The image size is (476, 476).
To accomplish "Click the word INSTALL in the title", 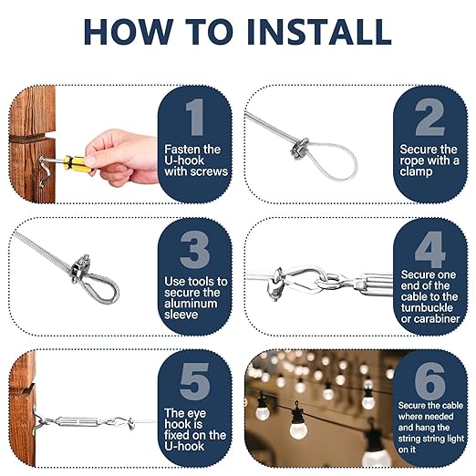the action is (x=319, y=32).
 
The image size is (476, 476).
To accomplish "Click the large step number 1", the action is (x=195, y=117).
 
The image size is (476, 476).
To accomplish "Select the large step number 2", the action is (x=429, y=117).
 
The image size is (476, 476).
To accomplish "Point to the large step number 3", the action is (x=194, y=249).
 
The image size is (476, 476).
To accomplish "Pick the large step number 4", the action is (x=429, y=249).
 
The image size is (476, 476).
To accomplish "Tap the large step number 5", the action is (x=194, y=381).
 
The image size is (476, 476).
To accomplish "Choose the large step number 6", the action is (x=429, y=381).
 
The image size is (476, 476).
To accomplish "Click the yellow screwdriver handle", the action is (x=76, y=164).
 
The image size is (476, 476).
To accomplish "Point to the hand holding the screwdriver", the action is (x=121, y=158).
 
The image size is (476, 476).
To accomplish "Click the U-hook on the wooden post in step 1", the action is (x=45, y=171).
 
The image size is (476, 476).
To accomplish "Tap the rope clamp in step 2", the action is (x=299, y=149).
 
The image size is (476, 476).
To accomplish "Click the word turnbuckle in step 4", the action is (x=427, y=307).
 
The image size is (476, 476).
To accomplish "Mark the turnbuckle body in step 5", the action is (x=78, y=421).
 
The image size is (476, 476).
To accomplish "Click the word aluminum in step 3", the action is (x=191, y=304).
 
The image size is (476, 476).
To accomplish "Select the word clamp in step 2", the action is (x=416, y=172).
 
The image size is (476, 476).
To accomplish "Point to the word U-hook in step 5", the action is (x=184, y=446).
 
